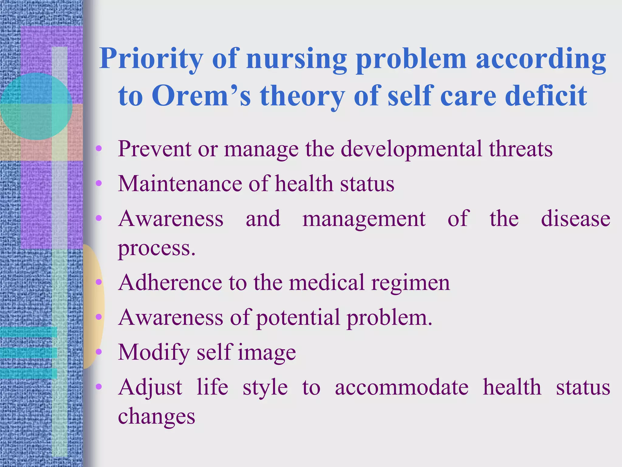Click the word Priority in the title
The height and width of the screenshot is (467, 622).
click(151, 59)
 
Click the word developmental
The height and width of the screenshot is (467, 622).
click(411, 149)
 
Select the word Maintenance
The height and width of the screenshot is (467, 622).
click(180, 184)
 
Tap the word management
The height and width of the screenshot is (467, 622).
click(364, 219)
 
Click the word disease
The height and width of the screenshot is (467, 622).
click(575, 219)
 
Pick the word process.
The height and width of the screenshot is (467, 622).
click(156, 249)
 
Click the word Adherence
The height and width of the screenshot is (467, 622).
click(170, 283)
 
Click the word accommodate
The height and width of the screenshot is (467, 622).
click(402, 387)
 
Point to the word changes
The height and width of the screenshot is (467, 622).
click(156, 417)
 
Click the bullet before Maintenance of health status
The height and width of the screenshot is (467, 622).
click(98, 183)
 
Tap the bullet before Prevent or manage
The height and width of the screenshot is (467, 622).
click(98, 149)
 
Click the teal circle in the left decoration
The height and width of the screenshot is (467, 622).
click(36, 106)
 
